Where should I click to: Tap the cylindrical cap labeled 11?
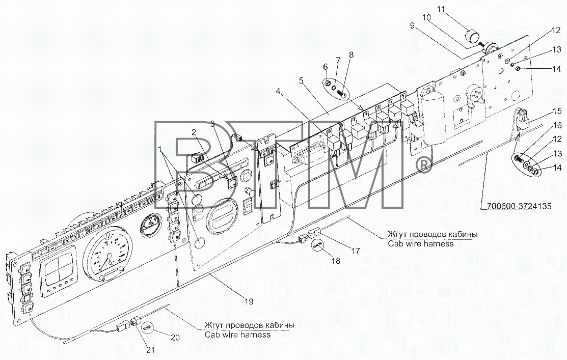pos(472,37)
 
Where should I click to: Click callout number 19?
pos(249,301)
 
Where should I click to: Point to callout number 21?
pos(151,349)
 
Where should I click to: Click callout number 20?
pos(175,337)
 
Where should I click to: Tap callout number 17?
pos(356,250)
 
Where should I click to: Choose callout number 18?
pos(336,260)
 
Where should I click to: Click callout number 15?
pos(557,111)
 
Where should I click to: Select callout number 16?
pos(557,125)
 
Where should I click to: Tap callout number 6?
pos(326,67)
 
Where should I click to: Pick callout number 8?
pos(351,55)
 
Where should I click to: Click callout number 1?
pos(160,149)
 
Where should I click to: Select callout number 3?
pos(213,124)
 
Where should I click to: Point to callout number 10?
pos(426,17)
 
